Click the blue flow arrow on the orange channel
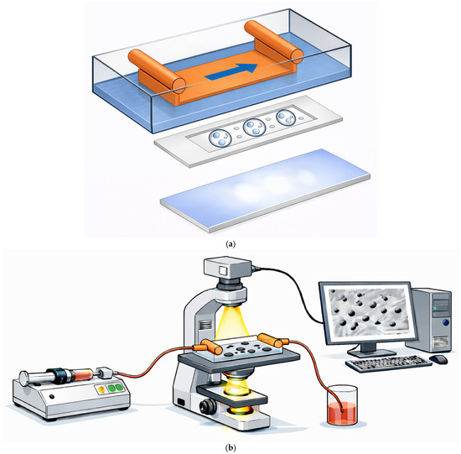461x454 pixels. tap(232, 72)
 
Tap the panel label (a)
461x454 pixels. tap(230, 243)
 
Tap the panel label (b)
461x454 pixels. tap(230, 448)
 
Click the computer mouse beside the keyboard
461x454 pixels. tap(438, 359)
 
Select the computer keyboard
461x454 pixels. tap(388, 364)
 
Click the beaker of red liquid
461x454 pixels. tap(342, 405)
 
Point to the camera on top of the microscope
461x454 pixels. tap(228, 268)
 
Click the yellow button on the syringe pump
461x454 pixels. tap(101, 389)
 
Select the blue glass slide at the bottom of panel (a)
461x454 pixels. tap(265, 190)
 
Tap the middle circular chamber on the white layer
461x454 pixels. tap(255, 128)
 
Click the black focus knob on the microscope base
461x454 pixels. tap(208, 406)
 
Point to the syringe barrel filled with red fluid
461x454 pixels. tap(83, 375)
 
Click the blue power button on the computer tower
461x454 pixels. tap(446, 322)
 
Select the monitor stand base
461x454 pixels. tap(371, 352)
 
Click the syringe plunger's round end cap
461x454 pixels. tap(23, 378)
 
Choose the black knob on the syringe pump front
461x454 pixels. tap(52, 396)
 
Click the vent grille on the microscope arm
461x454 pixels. tap(205, 325)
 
